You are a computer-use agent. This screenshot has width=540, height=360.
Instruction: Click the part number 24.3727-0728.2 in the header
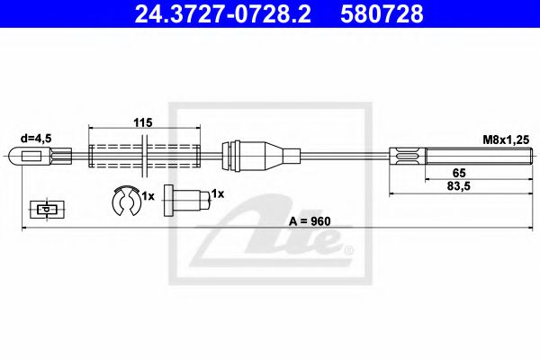click(222, 13)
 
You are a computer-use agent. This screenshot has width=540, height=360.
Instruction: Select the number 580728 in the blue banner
click(382, 13)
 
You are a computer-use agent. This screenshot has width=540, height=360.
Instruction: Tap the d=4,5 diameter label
click(36, 139)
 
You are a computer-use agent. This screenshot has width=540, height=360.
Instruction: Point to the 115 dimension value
click(143, 122)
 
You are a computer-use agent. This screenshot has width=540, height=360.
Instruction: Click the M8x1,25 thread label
click(506, 139)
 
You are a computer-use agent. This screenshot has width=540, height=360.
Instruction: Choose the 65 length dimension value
click(459, 173)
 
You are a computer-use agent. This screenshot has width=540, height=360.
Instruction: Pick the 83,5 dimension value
click(459, 186)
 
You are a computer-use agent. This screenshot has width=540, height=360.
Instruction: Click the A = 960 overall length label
click(310, 221)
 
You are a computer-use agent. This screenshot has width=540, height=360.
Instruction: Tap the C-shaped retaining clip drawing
click(126, 201)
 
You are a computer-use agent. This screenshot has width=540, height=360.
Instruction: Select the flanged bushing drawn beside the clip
click(186, 201)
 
